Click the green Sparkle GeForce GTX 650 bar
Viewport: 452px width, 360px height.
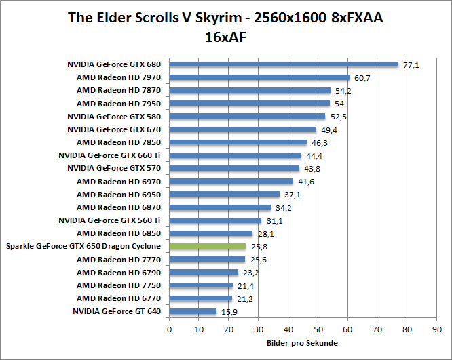207,247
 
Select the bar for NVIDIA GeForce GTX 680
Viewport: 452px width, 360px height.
284,64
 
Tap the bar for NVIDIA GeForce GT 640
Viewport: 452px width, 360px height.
193,312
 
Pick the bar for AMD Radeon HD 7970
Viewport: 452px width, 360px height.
259,78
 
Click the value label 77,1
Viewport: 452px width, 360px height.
411,65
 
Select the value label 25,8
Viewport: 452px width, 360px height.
259,247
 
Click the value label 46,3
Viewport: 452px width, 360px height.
320,143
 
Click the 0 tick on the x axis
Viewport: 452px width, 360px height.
169,330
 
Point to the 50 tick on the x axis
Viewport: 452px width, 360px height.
318,330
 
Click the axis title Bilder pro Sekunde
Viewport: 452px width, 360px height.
302,343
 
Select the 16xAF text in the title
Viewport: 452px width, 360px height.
225,37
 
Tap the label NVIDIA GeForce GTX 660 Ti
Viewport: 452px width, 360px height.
114,156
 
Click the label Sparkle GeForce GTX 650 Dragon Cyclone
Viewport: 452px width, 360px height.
83,247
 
